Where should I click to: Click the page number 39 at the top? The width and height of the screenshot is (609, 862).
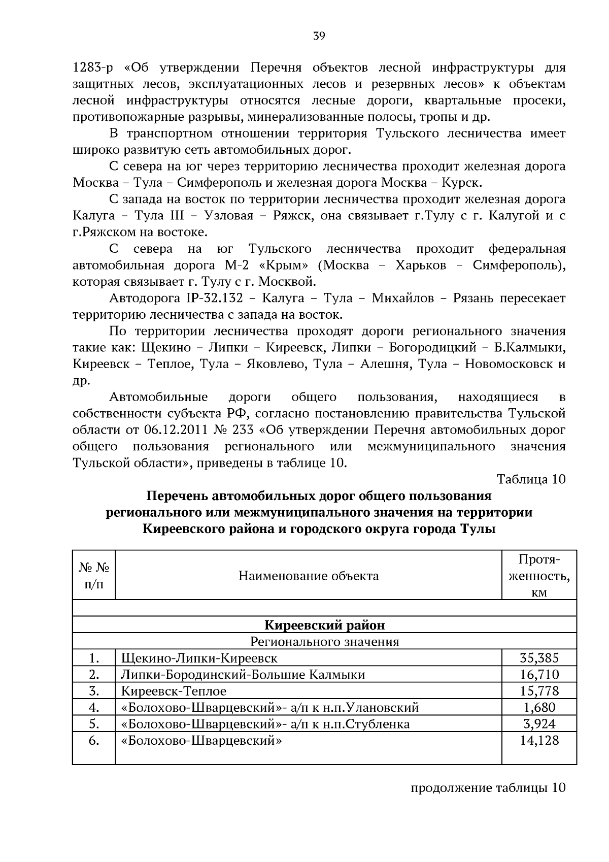pos(319,36)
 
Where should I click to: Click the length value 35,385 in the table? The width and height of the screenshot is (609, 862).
pos(539,658)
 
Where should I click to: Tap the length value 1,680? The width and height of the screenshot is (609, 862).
pos(539,707)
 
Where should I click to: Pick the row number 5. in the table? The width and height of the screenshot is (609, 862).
pos(94,723)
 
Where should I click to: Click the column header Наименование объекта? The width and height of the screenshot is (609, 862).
pos(309,576)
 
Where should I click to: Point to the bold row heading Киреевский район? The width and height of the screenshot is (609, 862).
pos(325,625)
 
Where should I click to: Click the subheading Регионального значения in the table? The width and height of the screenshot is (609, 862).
pos(325,642)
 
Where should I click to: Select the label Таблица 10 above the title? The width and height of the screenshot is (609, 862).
pos(531,479)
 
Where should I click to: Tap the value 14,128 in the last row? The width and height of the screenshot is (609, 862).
pos(539,740)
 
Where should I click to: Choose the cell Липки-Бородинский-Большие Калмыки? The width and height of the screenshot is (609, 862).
pos(243,674)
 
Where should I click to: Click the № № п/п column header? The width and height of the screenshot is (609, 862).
pos(94,576)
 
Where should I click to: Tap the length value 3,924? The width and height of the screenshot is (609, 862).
pos(539,723)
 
